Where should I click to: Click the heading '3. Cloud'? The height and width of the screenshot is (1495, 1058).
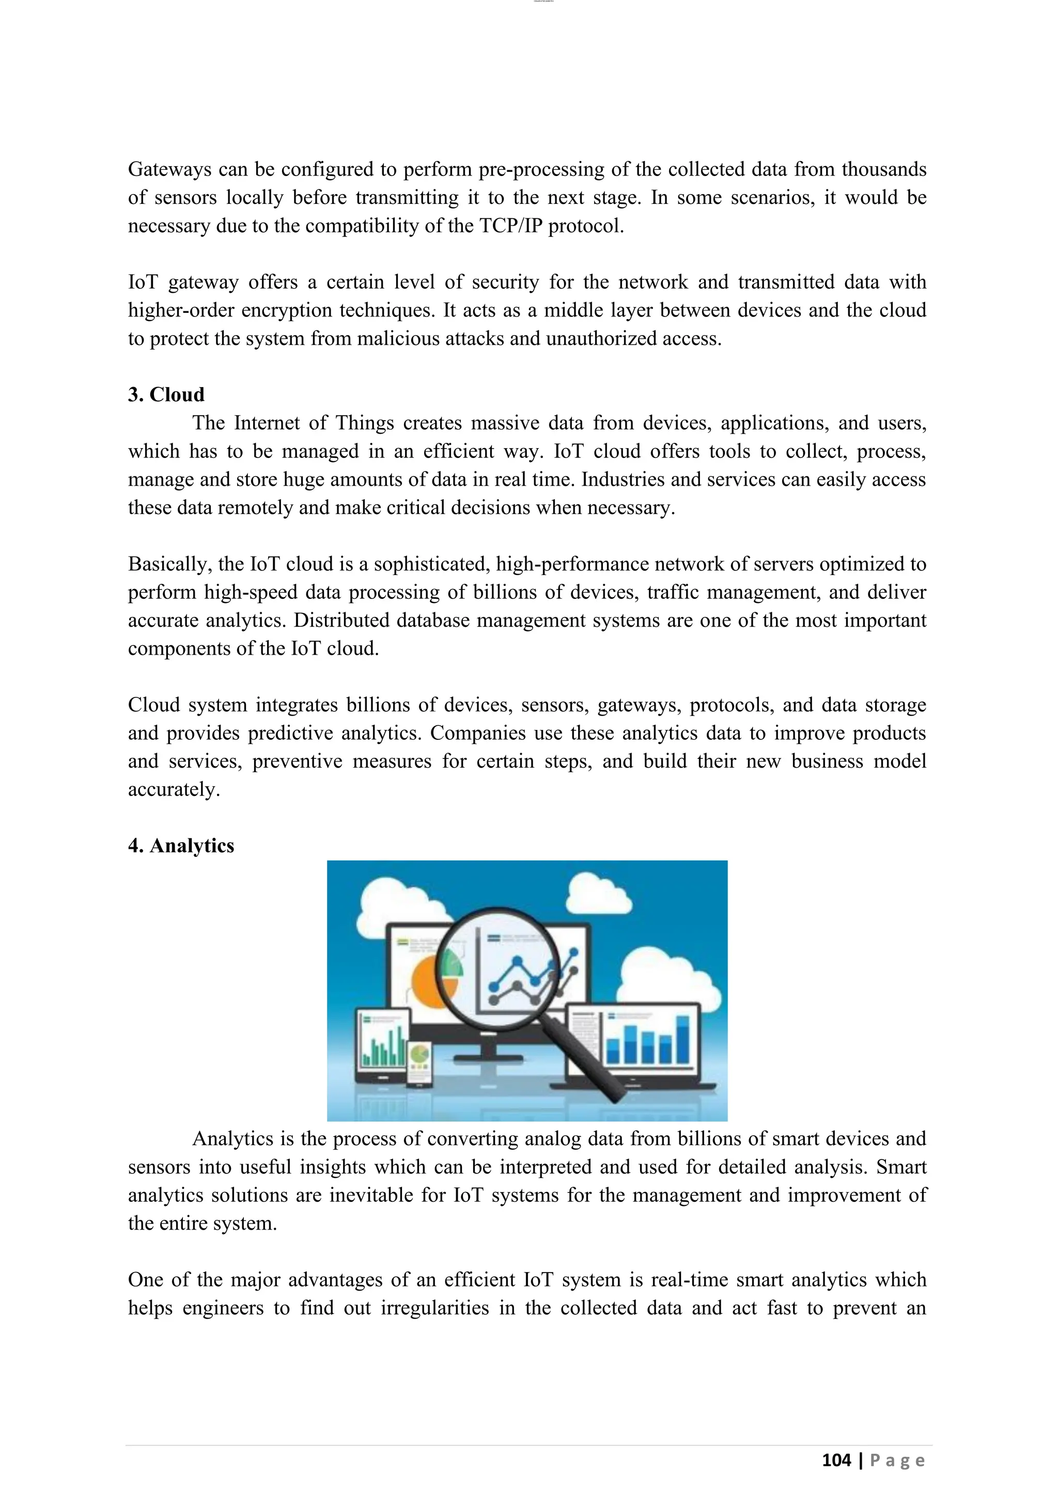pyautogui.click(x=166, y=394)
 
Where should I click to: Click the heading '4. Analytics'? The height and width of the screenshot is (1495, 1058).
pyautogui.click(x=181, y=846)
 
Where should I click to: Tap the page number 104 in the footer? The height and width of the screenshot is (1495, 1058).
pyautogui.click(x=836, y=1460)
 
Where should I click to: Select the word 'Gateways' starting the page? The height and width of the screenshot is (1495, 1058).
pyautogui.click(x=169, y=169)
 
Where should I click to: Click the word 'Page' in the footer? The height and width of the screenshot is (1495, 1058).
pyautogui.click(x=897, y=1460)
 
